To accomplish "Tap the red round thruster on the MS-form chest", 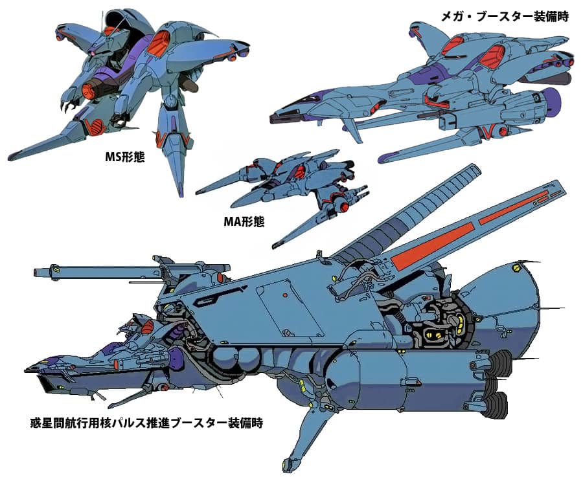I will click(95, 126).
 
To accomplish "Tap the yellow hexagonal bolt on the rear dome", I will click(516, 265).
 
